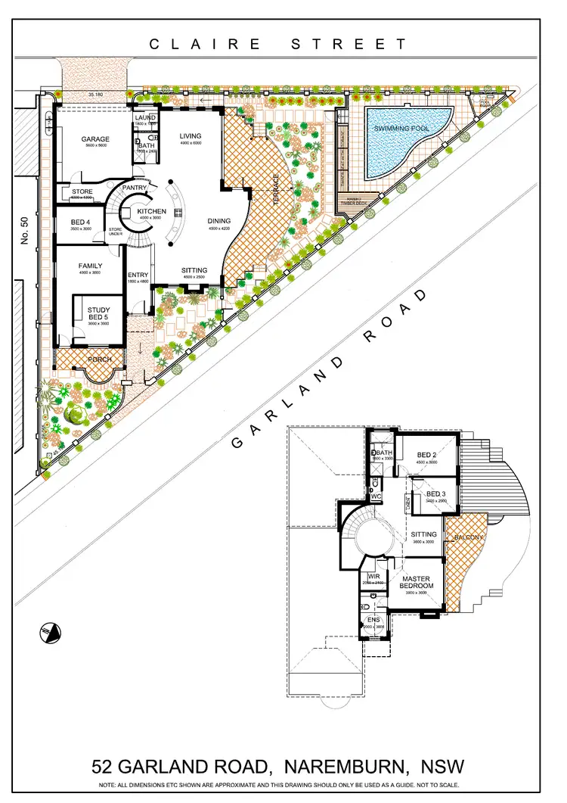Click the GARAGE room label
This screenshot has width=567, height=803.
click(x=95, y=139)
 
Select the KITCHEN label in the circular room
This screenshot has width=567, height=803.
click(x=151, y=211)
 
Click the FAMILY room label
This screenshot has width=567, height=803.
click(x=90, y=266)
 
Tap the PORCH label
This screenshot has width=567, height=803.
click(x=98, y=359)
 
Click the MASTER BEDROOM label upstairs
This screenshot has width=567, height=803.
click(x=417, y=582)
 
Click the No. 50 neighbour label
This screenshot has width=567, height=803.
click(x=24, y=230)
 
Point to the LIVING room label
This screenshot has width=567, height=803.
click(x=190, y=136)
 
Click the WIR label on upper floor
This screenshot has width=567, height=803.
click(x=373, y=576)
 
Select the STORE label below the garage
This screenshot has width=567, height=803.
click(x=82, y=192)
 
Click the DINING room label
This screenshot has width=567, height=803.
click(x=218, y=222)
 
